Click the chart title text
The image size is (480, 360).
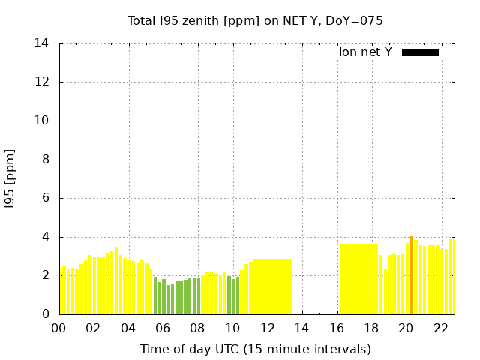coord(255,20)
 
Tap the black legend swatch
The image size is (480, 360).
coord(420,52)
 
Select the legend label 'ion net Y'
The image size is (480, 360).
coord(365,52)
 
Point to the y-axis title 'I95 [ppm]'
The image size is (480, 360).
coord(10,178)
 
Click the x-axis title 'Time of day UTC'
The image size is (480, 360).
coord(255,349)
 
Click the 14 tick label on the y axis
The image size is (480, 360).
coord(42,43)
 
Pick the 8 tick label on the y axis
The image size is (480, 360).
coord(46,160)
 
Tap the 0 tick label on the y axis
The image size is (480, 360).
coord(46,314)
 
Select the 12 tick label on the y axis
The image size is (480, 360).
coord(42,82)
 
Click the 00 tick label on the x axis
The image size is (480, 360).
coord(58,328)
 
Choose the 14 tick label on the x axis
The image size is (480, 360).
coord(301,328)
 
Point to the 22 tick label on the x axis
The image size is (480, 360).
coord(440,328)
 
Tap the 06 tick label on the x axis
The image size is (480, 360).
coord(163,328)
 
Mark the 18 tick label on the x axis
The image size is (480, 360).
coord(370,328)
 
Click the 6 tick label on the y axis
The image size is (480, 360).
coord(46,198)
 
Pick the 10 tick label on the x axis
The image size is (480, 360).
coord(232,328)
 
